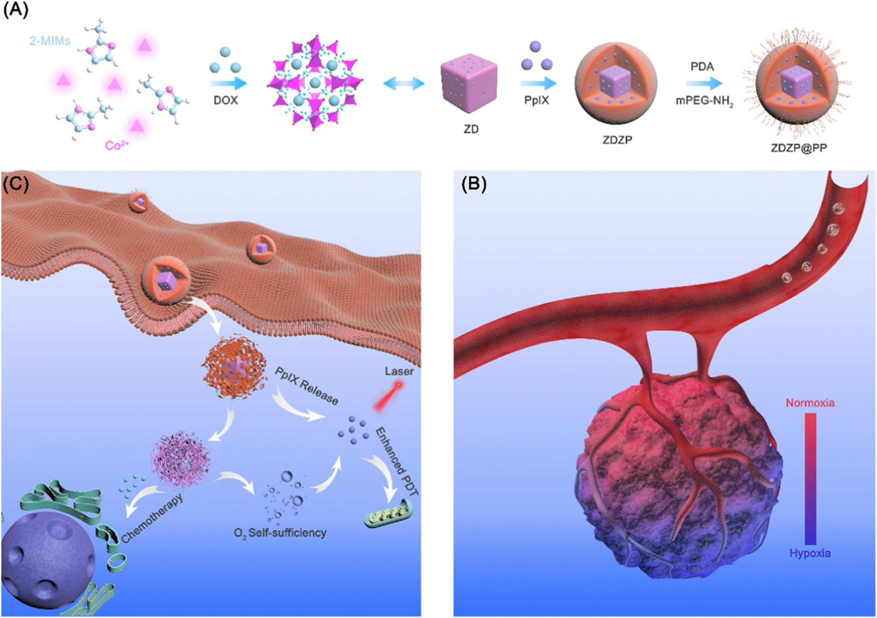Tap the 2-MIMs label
(49, 40)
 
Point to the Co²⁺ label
(116, 145)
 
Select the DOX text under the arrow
(225, 100)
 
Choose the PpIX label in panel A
(536, 100)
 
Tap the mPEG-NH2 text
(704, 102)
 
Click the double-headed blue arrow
(404, 83)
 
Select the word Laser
(399, 371)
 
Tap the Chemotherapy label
(152, 518)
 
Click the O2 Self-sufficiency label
(280, 533)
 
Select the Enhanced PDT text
(396, 462)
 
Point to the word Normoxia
(810, 402)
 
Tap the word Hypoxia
(810, 553)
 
